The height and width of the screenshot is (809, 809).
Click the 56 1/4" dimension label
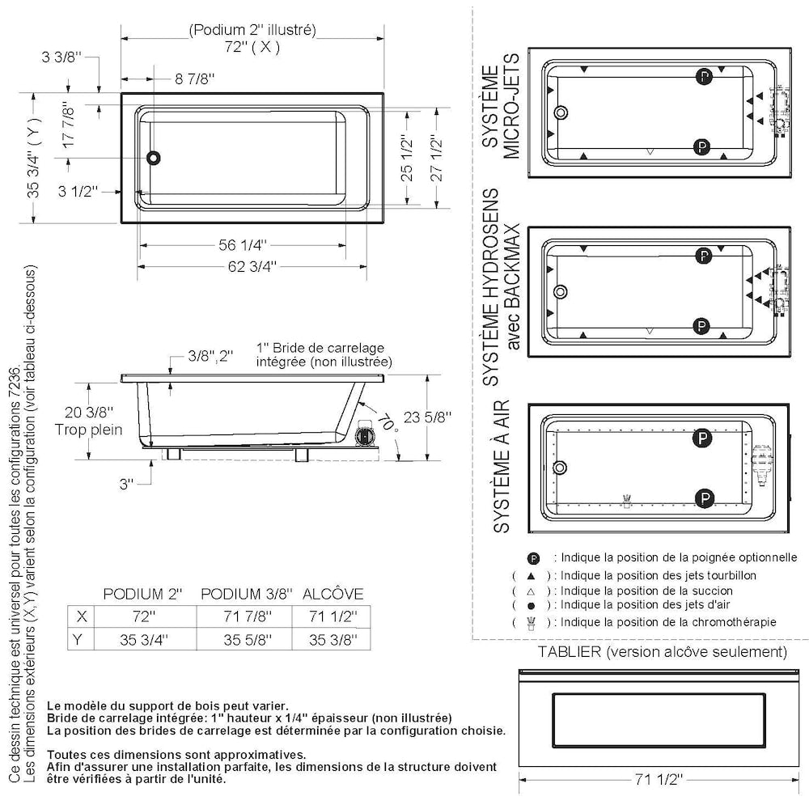point(243,244)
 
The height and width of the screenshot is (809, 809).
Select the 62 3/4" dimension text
point(252,267)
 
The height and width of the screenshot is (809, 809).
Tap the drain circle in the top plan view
point(153,158)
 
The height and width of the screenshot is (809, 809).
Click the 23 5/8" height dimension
point(427,417)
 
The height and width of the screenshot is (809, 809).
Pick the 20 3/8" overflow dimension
point(89,413)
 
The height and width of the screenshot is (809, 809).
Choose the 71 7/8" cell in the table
point(247,616)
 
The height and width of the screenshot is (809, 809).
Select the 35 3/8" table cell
point(333,640)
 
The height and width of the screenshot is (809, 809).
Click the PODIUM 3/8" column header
point(247,594)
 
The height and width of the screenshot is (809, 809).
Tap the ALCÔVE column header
point(332,594)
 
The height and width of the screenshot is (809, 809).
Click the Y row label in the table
point(78,640)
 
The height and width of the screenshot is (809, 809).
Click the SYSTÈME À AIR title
point(502,467)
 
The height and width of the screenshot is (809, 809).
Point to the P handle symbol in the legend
point(533,558)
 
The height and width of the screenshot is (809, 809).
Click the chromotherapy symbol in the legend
point(531,623)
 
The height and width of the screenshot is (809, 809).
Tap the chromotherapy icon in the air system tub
point(626,501)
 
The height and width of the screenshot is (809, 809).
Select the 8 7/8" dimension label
point(194,79)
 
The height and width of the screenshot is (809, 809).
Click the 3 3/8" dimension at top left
point(62,57)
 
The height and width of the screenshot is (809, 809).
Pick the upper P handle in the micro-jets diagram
point(705,77)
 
